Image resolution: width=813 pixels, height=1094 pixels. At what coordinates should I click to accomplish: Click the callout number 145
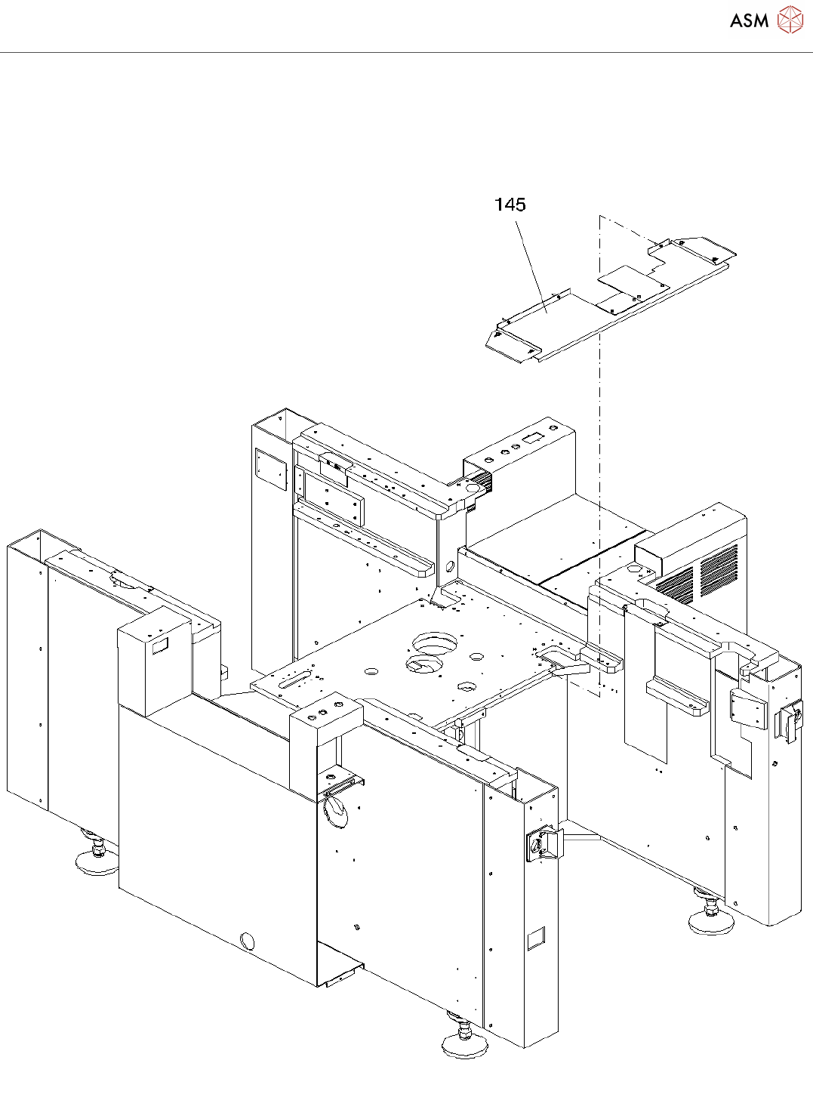click(x=510, y=205)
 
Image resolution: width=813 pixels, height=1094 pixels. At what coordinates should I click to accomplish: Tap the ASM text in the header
click(x=749, y=21)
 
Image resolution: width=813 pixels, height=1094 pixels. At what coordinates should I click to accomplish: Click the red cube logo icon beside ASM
click(x=790, y=20)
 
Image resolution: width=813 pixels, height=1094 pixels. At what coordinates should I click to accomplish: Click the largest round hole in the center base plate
click(x=435, y=644)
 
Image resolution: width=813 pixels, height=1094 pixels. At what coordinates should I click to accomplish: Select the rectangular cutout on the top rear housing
click(x=534, y=437)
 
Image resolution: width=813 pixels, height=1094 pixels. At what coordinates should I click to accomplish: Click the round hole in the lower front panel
click(x=247, y=941)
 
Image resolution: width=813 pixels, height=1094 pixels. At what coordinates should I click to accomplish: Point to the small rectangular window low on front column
click(x=535, y=938)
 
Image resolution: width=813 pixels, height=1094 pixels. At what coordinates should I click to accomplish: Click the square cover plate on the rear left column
click(x=271, y=469)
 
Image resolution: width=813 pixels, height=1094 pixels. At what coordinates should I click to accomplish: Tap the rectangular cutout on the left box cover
click(x=160, y=646)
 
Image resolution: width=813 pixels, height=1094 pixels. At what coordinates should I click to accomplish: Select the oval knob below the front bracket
click(x=337, y=812)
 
